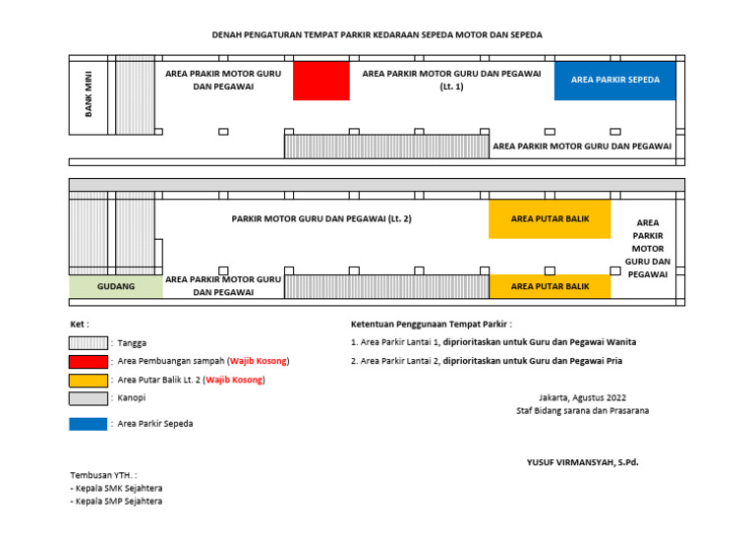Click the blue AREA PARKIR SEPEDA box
coord(615,80)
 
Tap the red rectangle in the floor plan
coord(321,81)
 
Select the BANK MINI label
coord(88,94)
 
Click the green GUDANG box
coord(115,286)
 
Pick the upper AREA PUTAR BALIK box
coord(550,219)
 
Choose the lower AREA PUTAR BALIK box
coord(550,286)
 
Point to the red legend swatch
coord(87,361)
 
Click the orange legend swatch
coord(87,380)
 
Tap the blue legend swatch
coord(87,424)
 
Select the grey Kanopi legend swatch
coord(87,398)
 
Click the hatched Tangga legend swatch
coord(87,342)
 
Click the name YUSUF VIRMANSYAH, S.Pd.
coord(582,461)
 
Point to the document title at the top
coord(377,34)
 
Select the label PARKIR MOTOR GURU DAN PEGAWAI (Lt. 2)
coord(321,218)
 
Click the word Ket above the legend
coord(79,324)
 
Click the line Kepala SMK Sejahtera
coord(116,488)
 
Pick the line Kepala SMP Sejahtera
coord(116,501)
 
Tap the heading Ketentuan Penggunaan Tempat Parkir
coord(431,324)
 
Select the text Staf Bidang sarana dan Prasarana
coord(582,410)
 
